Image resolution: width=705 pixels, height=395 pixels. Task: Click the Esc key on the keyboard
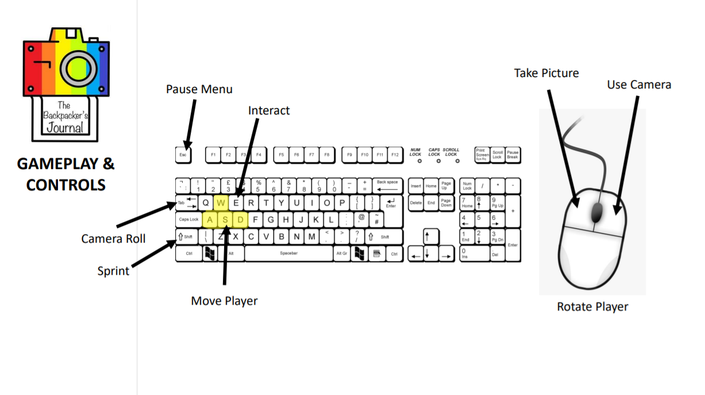click(x=183, y=155)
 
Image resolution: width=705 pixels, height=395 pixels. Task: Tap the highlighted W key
click(x=221, y=203)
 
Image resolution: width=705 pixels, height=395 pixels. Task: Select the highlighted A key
click(x=210, y=220)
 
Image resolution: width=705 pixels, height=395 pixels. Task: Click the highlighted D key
click(x=241, y=220)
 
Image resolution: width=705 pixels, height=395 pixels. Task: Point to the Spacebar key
click(x=288, y=253)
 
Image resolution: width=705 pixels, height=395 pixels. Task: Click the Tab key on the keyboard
click(x=186, y=203)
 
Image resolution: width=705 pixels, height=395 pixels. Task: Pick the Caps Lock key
click(x=188, y=220)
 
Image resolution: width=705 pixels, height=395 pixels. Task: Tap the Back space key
click(x=387, y=186)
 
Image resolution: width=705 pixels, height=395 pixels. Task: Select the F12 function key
click(x=395, y=155)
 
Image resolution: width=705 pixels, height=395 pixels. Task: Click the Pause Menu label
click(x=199, y=89)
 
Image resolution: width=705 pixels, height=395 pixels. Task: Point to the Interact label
click(x=269, y=110)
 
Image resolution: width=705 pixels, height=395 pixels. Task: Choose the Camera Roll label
click(x=113, y=239)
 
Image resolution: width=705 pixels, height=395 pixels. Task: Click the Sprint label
click(x=113, y=271)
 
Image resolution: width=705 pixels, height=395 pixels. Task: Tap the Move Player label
click(x=224, y=301)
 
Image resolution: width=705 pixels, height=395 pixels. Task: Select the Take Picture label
click(x=546, y=73)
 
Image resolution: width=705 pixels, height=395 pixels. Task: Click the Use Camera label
click(x=639, y=85)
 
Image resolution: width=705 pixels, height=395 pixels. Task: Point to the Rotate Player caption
click(x=592, y=306)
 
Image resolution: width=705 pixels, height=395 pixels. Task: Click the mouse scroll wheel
click(x=596, y=213)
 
